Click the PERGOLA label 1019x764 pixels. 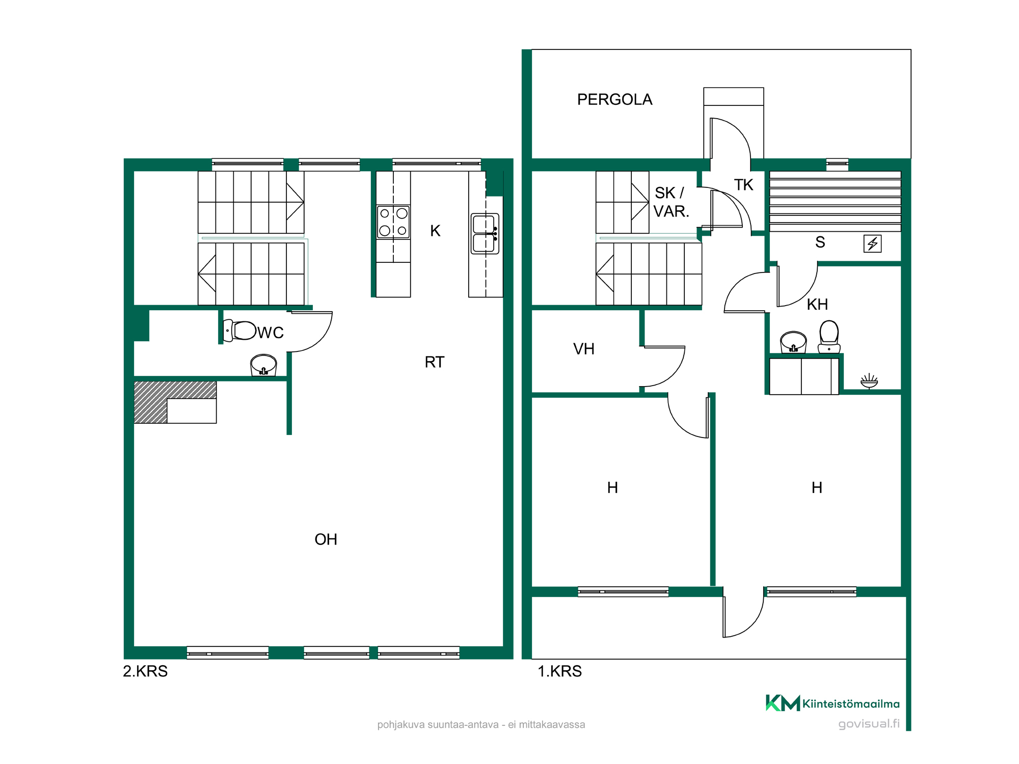click(x=614, y=99)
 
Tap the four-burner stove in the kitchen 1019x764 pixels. click(x=393, y=222)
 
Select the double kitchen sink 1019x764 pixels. click(x=485, y=234)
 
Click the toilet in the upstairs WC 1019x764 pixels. click(x=239, y=331)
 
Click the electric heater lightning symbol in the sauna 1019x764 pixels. click(x=873, y=243)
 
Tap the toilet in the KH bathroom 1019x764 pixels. click(x=829, y=337)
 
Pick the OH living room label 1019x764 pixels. click(x=326, y=539)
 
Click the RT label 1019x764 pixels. click(x=435, y=362)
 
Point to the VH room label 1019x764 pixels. click(x=584, y=349)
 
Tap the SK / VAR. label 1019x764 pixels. click(x=671, y=202)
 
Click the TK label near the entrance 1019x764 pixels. click(x=743, y=185)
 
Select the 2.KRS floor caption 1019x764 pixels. click(x=145, y=671)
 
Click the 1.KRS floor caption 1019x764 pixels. click(x=559, y=671)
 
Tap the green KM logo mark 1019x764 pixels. click(x=783, y=703)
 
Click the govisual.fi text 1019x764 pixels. click(x=869, y=724)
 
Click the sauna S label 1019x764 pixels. click(x=820, y=242)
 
